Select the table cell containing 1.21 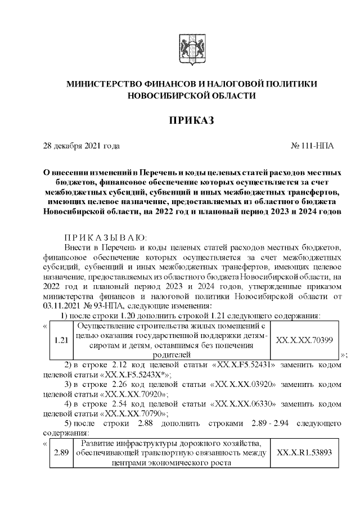[59, 340]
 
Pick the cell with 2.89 [59, 453]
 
